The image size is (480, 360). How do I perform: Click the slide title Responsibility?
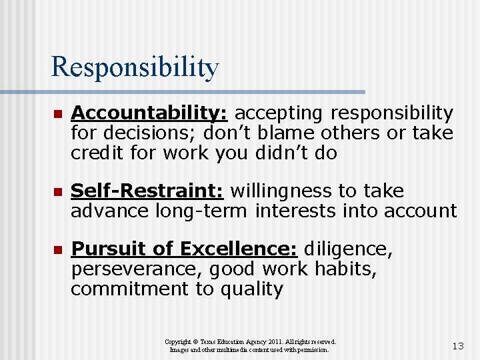[135, 67]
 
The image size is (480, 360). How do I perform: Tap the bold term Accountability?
[150, 113]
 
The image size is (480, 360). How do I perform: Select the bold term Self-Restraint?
[147, 191]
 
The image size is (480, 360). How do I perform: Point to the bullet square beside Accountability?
[57, 115]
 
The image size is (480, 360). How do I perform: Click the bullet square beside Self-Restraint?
[57, 193]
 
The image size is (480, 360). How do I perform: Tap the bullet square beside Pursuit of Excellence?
[57, 251]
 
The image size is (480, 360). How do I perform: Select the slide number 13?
[457, 346]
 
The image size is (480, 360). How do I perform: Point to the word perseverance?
[129, 269]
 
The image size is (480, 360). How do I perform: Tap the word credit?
[97, 153]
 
